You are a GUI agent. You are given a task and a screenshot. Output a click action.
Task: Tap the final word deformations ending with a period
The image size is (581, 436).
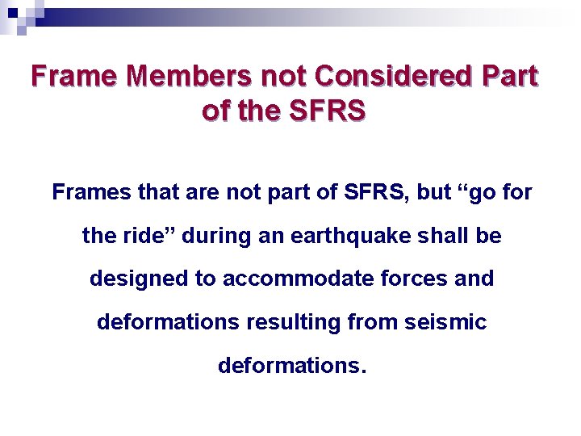click(291, 366)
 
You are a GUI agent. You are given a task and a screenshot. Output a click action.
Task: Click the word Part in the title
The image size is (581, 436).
click(509, 76)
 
